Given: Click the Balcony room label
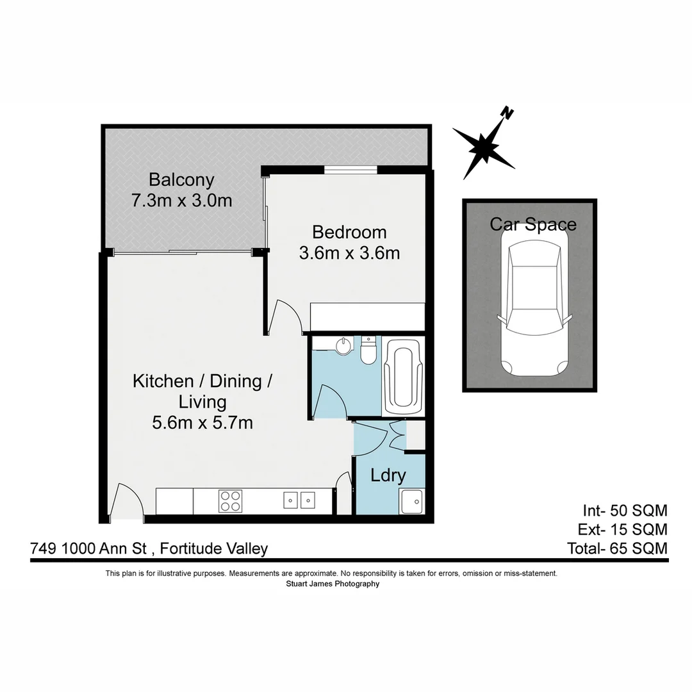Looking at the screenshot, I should point(181,179).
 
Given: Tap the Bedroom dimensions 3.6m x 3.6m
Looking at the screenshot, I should point(349,254).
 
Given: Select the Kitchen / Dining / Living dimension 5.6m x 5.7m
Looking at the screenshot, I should point(202,423).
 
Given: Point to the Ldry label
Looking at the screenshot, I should point(388,475).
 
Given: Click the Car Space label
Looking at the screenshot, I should point(533,224).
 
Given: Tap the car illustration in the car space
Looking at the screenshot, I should point(534,308).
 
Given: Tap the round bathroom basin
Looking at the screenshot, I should point(343,346).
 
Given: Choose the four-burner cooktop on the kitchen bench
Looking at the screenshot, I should point(230,500).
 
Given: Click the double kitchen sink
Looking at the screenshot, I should point(299,499).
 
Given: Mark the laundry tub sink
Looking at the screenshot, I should point(410,500).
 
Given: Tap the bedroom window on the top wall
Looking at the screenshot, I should point(350,169).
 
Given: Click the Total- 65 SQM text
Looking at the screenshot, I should point(617,548).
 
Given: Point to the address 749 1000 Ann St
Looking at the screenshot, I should point(89,548).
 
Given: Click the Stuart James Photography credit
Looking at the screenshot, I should point(332,584).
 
